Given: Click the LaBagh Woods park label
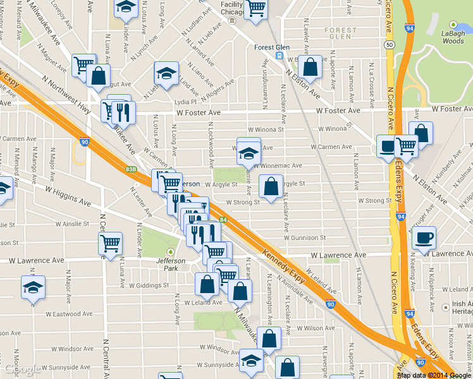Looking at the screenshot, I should tap(452, 37).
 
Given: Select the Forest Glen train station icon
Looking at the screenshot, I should tap(278, 56).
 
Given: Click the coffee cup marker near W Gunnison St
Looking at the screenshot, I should tap(424, 238).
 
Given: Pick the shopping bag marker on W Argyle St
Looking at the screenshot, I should tap(271, 187).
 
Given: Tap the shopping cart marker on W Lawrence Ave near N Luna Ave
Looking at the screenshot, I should tap(111, 244).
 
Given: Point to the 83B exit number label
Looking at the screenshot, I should tap(131, 169).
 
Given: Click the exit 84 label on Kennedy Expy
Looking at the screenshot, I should tap(224, 220).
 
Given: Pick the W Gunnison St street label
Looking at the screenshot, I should tap(304, 238).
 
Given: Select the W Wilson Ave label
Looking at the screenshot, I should tap(315, 328).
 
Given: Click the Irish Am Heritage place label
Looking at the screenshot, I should tap(462, 308).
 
